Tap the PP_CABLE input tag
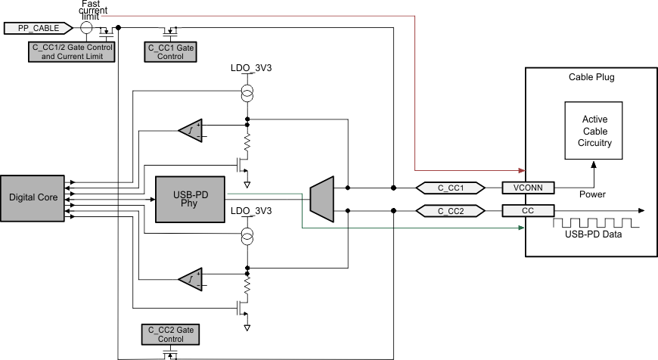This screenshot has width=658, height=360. (x=38, y=28)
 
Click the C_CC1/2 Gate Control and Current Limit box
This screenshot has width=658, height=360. (x=69, y=51)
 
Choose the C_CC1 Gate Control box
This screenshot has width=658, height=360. (x=170, y=51)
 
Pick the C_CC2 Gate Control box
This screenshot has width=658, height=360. (x=170, y=334)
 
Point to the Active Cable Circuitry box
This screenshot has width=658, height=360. (x=595, y=132)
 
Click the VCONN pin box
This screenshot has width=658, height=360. (x=529, y=188)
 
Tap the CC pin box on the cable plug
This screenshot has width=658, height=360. (x=529, y=210)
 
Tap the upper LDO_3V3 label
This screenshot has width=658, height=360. (x=251, y=67)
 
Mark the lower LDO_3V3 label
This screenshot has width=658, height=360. (x=251, y=210)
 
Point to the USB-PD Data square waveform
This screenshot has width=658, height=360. (x=597, y=225)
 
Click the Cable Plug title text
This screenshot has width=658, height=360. (x=591, y=77)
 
